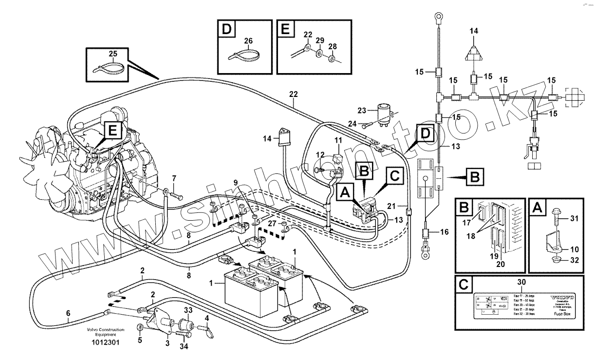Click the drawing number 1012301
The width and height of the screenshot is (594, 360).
pos(105,342)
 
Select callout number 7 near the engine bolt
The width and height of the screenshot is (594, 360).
pos(174,179)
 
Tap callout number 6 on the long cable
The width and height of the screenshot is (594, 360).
pos(68,313)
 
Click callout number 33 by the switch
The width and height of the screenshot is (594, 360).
pos(188,310)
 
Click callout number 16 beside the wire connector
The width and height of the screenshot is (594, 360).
pos(444,232)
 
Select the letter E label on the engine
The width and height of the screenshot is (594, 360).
pos(112,130)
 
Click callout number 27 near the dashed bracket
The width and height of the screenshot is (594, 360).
pos(271,223)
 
